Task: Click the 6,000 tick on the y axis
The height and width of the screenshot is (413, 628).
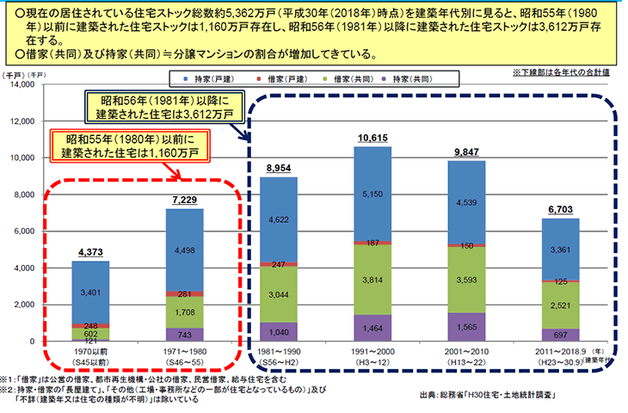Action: coord(23,232)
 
